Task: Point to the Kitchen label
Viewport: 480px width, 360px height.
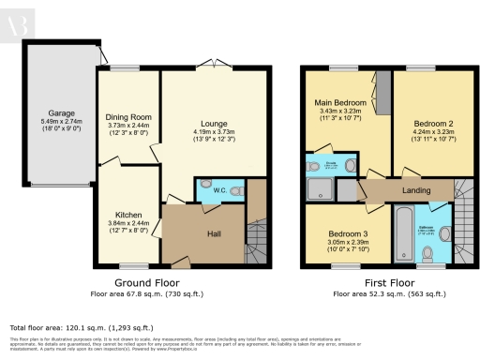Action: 128,215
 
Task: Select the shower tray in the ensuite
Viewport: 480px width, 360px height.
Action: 320,188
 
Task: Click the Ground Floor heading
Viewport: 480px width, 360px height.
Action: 151,282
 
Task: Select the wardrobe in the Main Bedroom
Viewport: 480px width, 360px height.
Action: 380,91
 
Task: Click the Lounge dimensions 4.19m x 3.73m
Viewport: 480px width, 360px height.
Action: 209,132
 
